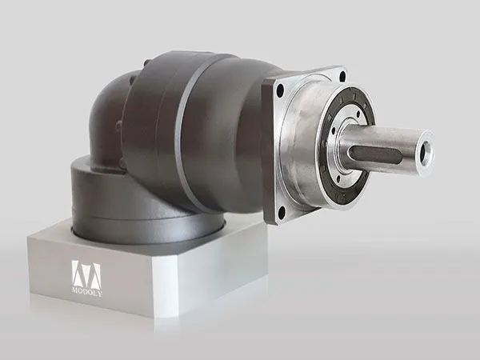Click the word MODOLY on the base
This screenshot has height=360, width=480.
click(87, 291)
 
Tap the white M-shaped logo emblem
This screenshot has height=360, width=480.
click(86, 274)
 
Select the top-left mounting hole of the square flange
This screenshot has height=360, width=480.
click(280, 89)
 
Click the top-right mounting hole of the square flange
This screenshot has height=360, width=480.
click(342, 75)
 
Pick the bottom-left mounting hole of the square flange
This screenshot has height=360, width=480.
click(282, 210)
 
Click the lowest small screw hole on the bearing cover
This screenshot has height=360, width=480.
click(338, 178)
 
